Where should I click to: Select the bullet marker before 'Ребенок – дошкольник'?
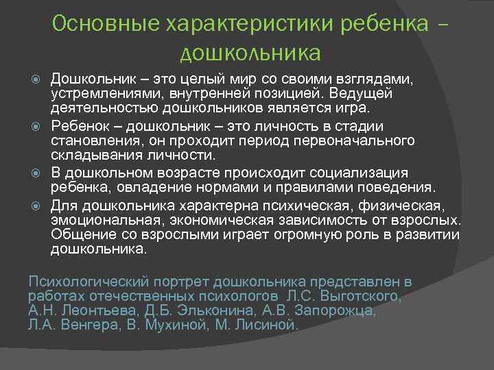tap(38, 126)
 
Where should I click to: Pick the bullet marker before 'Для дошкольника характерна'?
tap(38, 205)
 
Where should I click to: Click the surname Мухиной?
tap(174, 325)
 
